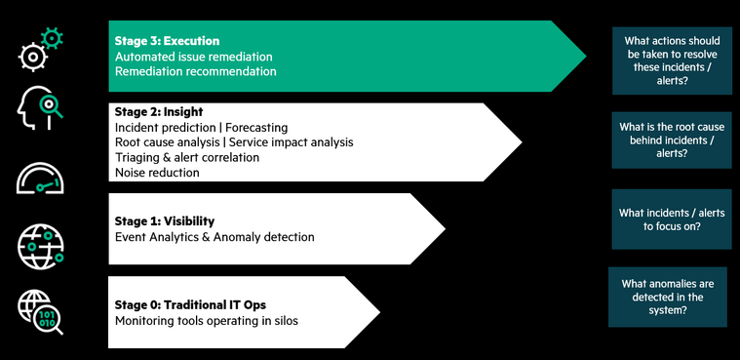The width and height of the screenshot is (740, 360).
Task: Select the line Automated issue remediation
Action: [193, 57]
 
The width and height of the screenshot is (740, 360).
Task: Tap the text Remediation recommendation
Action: [195, 71]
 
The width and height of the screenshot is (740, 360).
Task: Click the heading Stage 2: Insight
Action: [158, 113]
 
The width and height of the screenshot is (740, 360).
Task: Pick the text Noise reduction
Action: [157, 172]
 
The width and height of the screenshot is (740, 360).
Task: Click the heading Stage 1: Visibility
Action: [164, 221]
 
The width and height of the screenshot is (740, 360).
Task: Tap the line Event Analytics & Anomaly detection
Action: [214, 236]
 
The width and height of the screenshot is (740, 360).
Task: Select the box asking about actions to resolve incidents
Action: [672, 60]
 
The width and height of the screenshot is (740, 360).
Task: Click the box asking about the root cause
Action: [672, 140]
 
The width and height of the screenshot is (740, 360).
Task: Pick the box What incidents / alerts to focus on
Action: [672, 219]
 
